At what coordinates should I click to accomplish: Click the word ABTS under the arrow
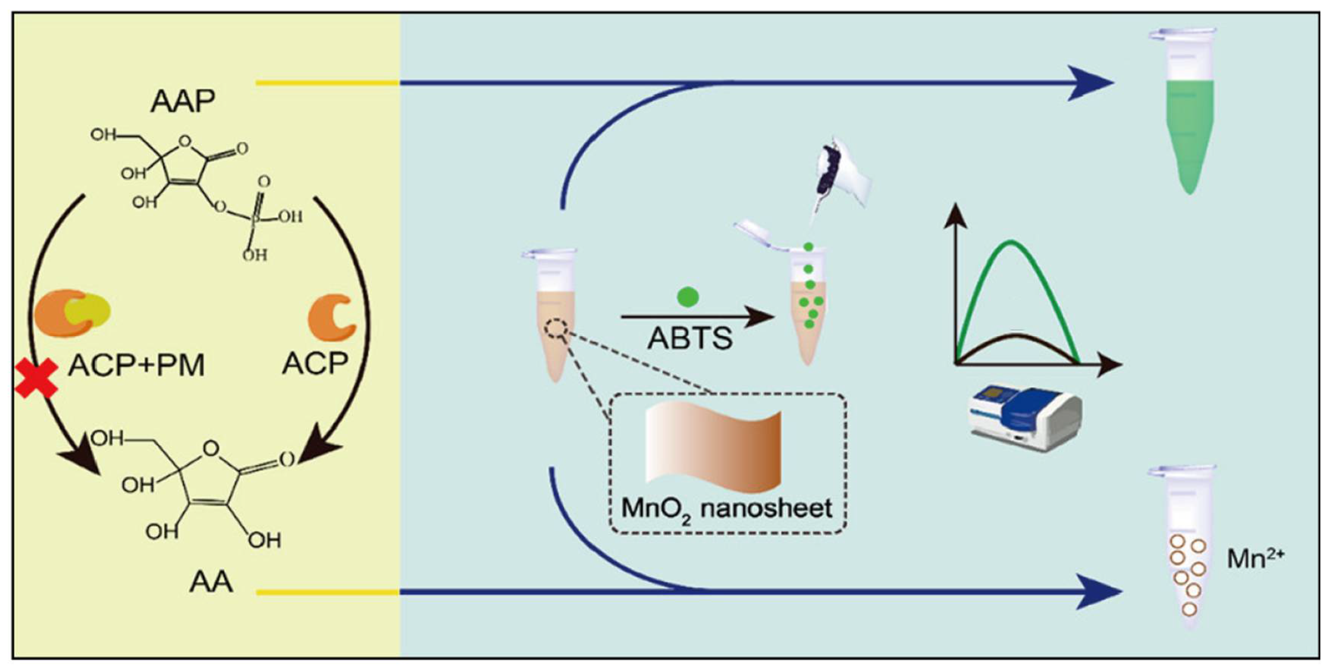point(690,339)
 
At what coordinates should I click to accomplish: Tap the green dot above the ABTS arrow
point(688,297)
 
